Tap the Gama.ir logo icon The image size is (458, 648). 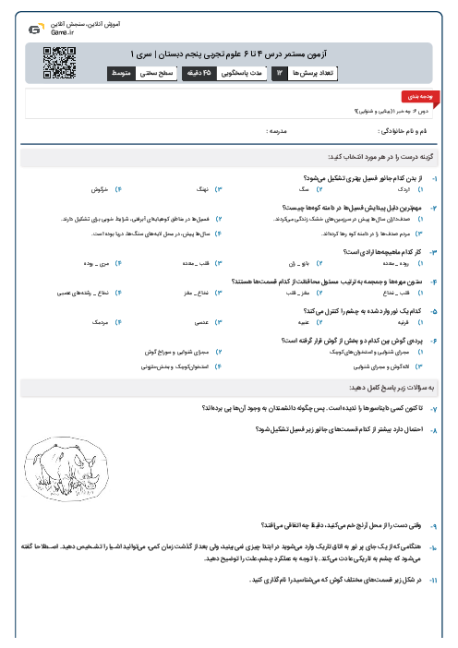pos(34,30)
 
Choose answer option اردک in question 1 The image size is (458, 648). pos(404,188)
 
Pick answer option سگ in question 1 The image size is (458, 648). pos(301,188)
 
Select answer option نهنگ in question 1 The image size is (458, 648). pos(198,188)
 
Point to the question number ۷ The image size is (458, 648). pos(435,407)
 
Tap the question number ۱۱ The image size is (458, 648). pos(435,581)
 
